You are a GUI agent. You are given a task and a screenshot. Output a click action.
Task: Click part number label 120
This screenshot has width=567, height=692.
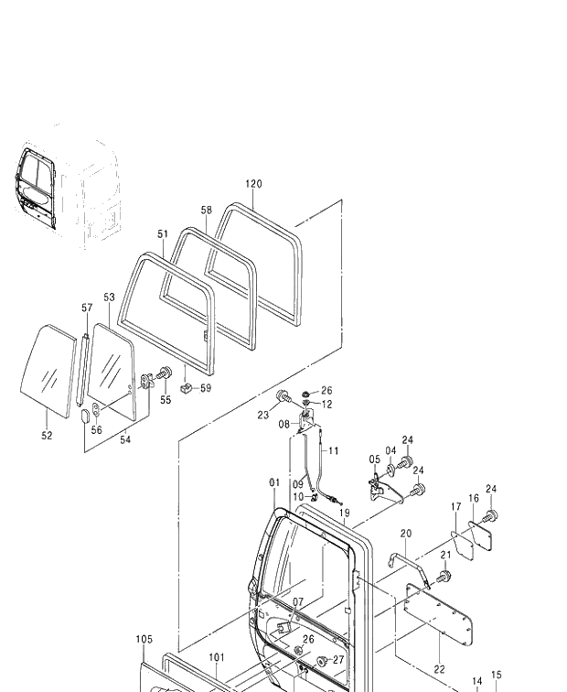(253, 184)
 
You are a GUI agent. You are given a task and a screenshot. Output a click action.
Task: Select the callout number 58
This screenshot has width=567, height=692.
(207, 211)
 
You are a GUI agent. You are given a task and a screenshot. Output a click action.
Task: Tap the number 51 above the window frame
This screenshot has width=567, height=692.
(162, 234)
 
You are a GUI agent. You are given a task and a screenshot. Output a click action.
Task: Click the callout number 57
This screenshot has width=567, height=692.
(87, 308)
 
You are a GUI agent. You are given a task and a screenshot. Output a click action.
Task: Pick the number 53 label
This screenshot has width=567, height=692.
(109, 297)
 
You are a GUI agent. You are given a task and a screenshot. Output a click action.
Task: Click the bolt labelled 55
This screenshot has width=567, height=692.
(166, 373)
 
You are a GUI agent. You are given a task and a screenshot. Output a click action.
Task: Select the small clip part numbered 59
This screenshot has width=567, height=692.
(185, 389)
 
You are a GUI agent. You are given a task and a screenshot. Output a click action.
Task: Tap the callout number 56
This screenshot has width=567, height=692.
(96, 429)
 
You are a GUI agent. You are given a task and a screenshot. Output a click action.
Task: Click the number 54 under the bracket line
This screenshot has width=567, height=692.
(126, 440)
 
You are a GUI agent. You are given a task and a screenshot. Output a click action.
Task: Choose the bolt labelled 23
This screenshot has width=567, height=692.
(283, 397)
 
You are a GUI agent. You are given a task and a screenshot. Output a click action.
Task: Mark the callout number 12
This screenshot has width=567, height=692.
(326, 404)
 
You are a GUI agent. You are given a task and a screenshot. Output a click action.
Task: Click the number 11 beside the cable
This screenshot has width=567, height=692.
(333, 450)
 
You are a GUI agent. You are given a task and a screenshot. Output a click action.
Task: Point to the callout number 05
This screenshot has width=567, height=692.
(375, 460)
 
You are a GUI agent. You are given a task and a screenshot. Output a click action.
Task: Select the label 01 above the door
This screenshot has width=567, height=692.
(273, 482)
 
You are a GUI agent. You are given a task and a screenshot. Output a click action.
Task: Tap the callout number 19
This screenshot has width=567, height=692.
(345, 514)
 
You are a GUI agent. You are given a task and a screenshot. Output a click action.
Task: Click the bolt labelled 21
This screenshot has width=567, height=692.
(444, 577)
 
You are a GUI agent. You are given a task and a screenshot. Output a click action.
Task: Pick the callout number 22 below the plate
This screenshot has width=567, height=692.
(439, 669)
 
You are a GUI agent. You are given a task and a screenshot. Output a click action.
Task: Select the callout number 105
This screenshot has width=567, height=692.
(144, 640)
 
